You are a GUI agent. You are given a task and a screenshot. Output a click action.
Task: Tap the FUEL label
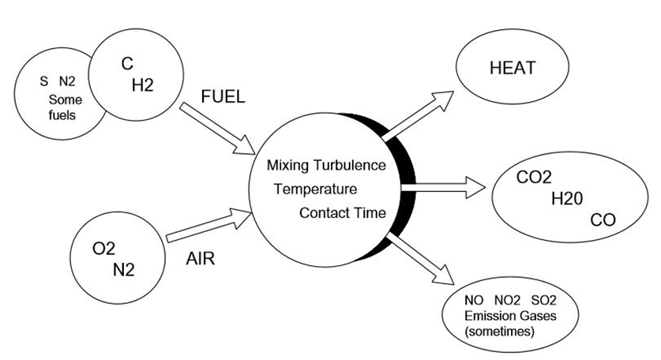(224, 96)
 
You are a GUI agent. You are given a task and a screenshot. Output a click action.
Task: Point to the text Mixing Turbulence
(325, 166)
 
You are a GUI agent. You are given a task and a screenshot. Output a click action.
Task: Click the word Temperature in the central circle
(315, 189)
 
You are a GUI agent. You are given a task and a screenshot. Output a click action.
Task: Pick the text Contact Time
(342, 212)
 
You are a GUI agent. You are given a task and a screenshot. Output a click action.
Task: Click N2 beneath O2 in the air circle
(123, 268)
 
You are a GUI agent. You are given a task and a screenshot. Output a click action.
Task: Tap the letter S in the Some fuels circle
(43, 81)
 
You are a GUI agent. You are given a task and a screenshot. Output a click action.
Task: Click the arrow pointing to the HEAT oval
(419, 114)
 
